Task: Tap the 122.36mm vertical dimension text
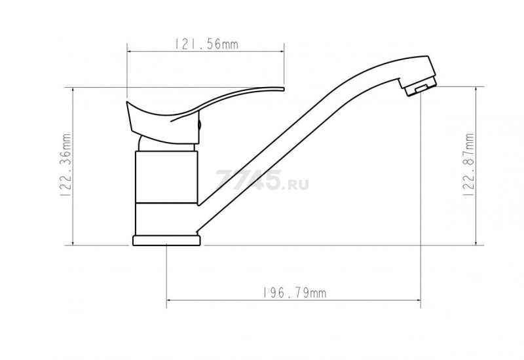click(x=66, y=165)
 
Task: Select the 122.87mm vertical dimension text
click(x=469, y=165)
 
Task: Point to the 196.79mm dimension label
click(x=293, y=293)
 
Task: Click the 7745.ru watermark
click(x=262, y=181)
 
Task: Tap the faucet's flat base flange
click(x=167, y=241)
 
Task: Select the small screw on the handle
click(x=200, y=125)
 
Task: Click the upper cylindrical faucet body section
click(x=166, y=177)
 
